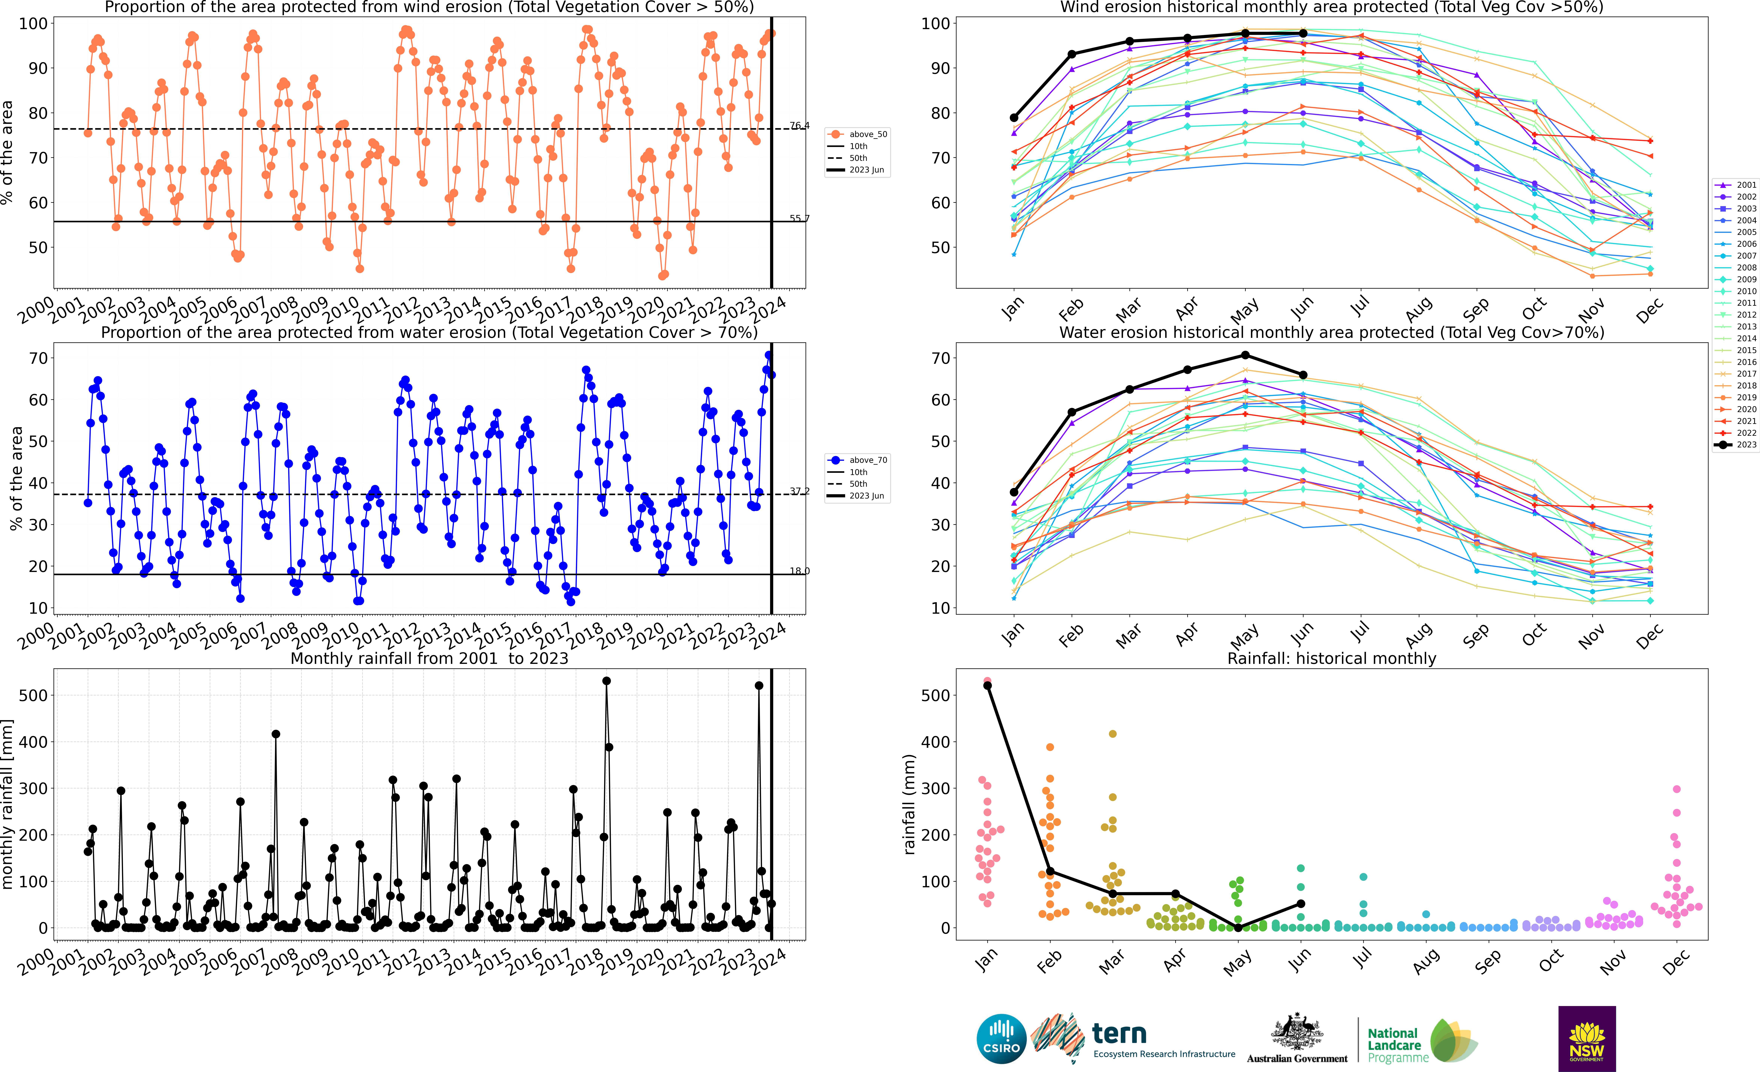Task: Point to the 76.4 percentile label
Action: [799, 126]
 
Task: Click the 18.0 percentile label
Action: [799, 571]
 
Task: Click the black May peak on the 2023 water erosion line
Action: [1245, 355]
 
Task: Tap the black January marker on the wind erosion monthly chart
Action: [1014, 118]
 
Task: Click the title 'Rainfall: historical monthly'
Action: [1332, 658]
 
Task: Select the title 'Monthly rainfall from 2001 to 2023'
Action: [429, 658]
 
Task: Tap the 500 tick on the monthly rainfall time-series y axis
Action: [33, 695]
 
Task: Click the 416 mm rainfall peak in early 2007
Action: [276, 734]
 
